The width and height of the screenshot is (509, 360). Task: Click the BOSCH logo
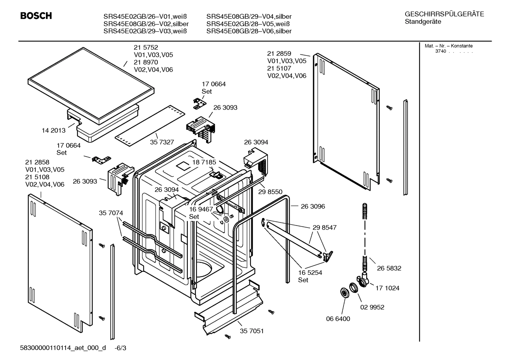(x=36, y=16)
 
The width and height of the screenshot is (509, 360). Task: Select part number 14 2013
(x=54, y=130)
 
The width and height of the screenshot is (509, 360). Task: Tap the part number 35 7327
(x=162, y=142)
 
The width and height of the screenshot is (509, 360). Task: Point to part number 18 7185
(x=204, y=162)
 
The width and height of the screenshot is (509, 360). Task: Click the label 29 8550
(x=270, y=192)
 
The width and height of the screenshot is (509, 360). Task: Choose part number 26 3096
(x=313, y=206)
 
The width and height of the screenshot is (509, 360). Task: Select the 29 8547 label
(x=324, y=228)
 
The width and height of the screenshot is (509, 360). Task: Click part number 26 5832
(x=389, y=268)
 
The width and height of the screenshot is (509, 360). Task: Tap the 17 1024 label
(x=387, y=288)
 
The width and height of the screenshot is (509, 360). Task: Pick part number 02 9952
(x=372, y=307)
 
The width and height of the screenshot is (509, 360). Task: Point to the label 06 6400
(x=338, y=319)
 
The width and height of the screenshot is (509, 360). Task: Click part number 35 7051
(x=252, y=331)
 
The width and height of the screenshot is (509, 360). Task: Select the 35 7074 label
(x=111, y=213)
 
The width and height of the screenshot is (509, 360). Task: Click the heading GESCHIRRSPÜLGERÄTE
(x=444, y=14)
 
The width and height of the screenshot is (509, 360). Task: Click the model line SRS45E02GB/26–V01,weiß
(x=145, y=17)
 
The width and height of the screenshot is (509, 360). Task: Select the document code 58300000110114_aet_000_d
(x=63, y=348)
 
